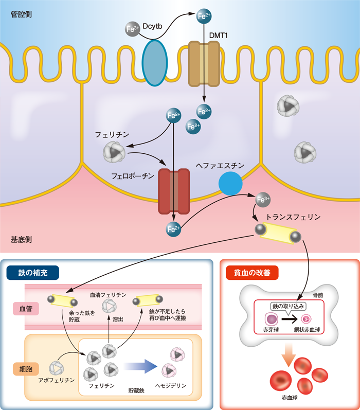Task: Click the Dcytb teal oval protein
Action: coord(155,62)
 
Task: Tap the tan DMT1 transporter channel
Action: coord(204,63)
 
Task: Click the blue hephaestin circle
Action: coord(230,184)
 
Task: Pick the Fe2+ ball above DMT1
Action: coord(204,16)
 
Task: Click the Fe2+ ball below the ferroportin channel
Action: coord(174,228)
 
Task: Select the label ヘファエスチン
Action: coord(220,165)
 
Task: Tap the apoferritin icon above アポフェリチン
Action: coord(57,367)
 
